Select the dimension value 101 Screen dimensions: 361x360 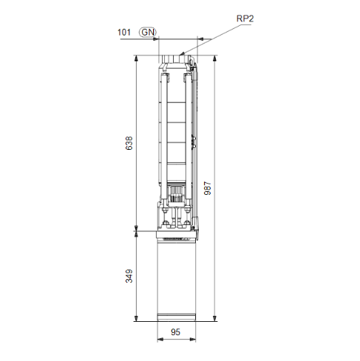pyautogui.click(x=125, y=32)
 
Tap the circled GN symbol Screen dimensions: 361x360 pyautogui.click(x=148, y=32)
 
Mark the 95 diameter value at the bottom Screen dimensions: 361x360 pyautogui.click(x=177, y=333)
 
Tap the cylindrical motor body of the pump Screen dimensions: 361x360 pyautogui.click(x=177, y=281)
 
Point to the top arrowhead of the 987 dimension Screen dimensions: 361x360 pyautogui.click(x=213, y=59)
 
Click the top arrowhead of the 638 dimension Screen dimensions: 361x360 pyautogui.click(x=136, y=59)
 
